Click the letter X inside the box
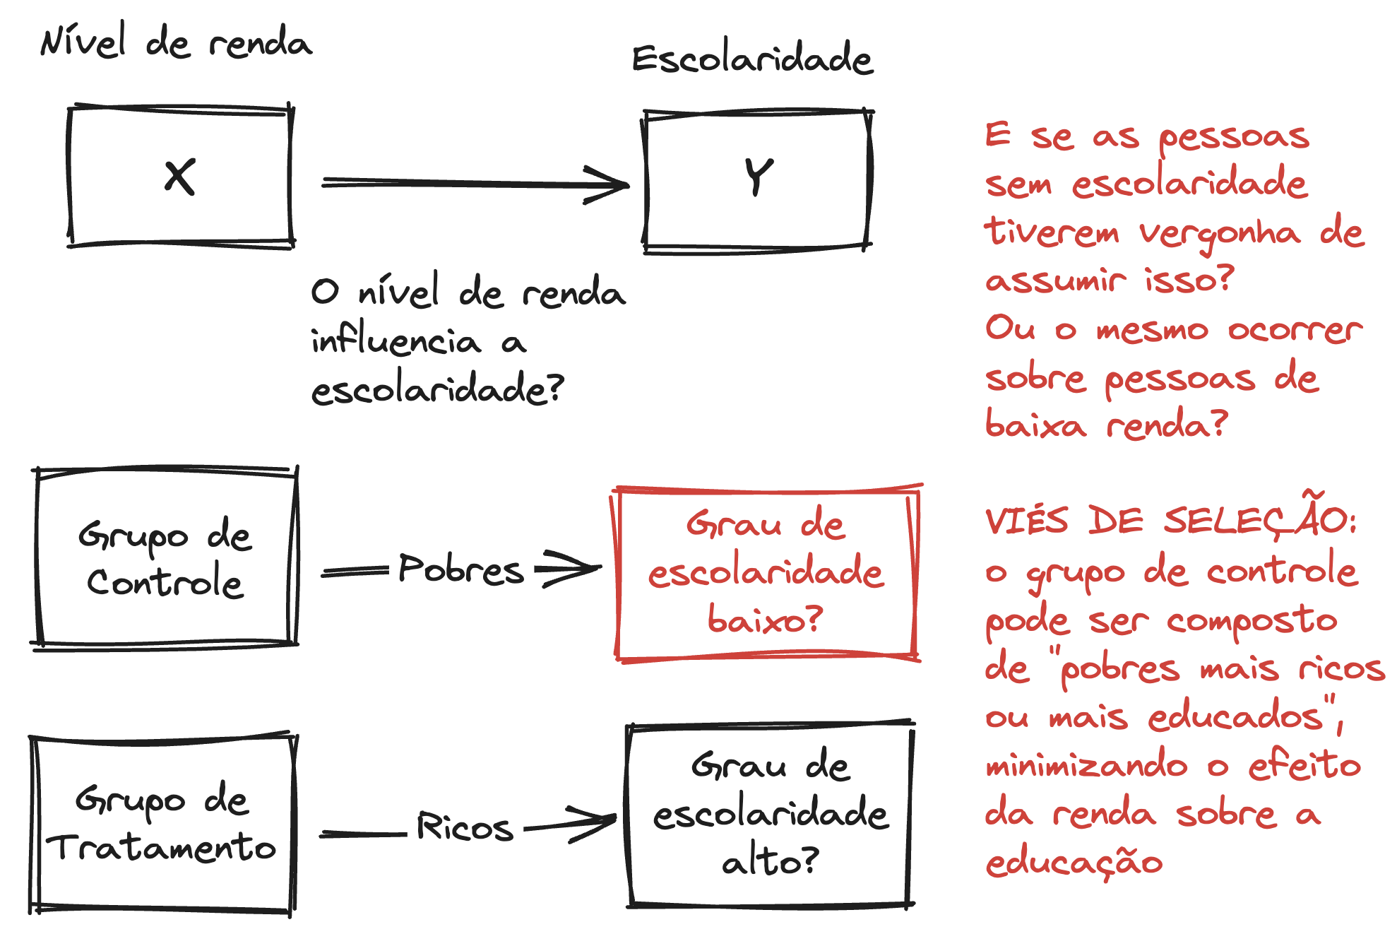coord(180,177)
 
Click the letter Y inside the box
coord(759,176)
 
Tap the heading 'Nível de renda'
coord(176,42)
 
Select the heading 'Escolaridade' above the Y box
coord(752,59)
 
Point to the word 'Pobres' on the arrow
coord(460,569)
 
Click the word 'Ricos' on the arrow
coord(464,827)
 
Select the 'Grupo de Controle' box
coord(165,557)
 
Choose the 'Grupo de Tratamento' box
coord(162,824)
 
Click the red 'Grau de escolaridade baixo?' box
coord(766,572)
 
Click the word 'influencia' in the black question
coord(396,341)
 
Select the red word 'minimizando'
coord(1086,766)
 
